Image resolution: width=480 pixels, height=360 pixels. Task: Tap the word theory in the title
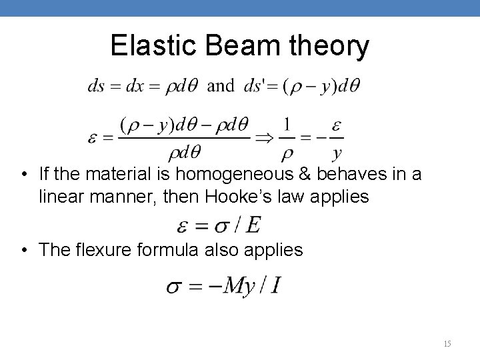334,46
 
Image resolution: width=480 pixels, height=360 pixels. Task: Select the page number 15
447,343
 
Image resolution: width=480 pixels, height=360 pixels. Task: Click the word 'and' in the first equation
221,86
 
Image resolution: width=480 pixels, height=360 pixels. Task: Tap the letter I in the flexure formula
275,287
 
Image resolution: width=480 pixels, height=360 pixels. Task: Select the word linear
61,197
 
